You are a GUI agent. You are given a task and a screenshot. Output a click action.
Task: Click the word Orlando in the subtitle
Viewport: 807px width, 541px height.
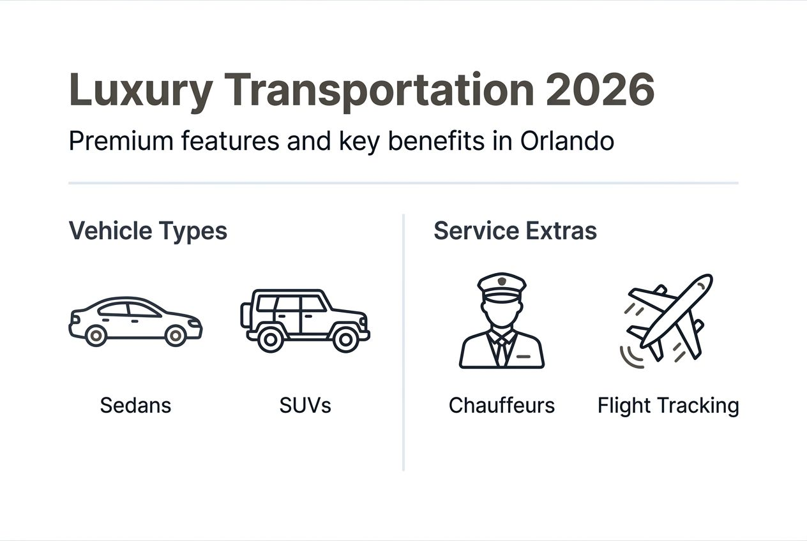click(567, 142)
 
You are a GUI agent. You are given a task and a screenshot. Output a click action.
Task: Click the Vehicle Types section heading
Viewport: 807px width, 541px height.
click(147, 230)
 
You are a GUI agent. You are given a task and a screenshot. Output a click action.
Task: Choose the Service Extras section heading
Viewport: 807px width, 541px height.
click(515, 230)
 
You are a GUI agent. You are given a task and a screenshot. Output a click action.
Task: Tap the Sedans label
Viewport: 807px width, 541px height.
click(135, 405)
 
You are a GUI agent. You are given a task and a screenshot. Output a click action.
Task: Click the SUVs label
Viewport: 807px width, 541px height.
click(305, 405)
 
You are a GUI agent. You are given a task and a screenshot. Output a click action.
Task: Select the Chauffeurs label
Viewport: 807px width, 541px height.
click(501, 405)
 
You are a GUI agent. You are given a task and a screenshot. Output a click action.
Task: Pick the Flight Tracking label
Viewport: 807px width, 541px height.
click(668, 405)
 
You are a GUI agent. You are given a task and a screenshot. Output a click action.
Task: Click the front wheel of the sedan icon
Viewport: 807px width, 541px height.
click(176, 335)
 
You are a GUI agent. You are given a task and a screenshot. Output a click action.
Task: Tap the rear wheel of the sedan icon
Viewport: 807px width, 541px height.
click(96, 335)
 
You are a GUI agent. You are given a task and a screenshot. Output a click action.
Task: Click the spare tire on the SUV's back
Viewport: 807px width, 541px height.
click(245, 315)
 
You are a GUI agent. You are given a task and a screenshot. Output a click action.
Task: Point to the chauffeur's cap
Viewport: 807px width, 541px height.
click(502, 285)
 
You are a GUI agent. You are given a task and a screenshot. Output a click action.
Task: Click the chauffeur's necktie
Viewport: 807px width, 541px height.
click(502, 351)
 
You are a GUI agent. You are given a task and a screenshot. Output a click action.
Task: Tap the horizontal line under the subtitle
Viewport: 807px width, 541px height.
click(403, 183)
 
